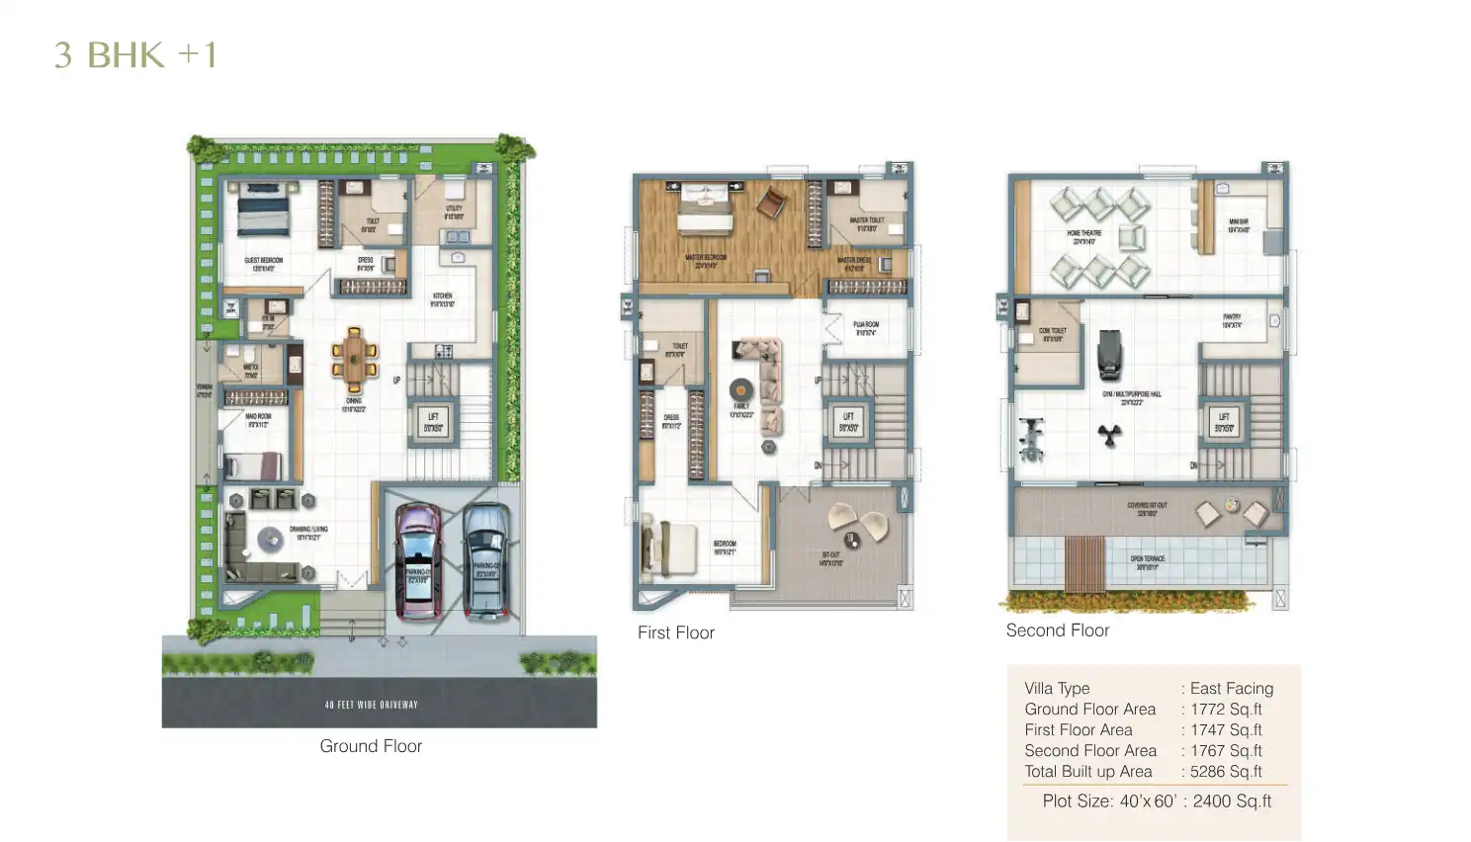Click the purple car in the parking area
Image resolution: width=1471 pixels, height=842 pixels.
418,559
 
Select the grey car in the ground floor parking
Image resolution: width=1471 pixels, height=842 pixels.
486,560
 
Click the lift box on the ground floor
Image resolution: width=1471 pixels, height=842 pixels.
433,422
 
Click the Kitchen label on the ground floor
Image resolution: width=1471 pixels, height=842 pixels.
442,299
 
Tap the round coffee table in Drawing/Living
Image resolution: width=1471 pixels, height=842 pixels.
270,540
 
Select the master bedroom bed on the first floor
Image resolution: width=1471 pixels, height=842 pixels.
703,209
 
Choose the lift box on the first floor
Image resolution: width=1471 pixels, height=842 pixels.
848,422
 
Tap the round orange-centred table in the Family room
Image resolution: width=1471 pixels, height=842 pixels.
741,389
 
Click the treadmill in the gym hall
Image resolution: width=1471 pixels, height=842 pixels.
1110,354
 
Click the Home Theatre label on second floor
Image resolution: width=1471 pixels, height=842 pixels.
1083,237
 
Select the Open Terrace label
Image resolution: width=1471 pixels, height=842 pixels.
1147,562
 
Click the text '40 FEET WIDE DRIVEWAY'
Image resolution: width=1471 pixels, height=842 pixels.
371,705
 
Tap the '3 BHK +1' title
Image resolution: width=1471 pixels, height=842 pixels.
135,55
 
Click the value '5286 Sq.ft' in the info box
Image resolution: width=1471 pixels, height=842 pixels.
1226,772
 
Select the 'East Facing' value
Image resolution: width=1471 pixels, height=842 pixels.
1231,689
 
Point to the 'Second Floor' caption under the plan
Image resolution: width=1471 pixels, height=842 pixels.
1057,631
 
